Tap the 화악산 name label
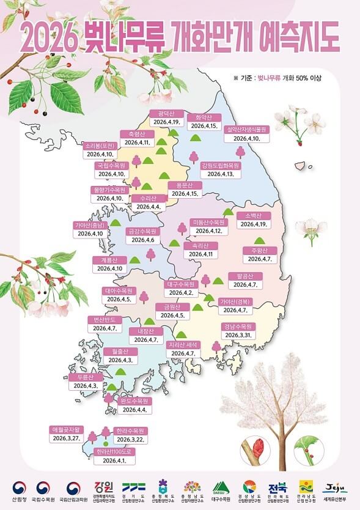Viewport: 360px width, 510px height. click(204, 117)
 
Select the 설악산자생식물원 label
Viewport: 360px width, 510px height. click(246, 130)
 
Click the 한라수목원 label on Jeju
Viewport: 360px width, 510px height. click(128, 431)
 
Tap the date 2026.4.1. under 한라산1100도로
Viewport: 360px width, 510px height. click(115, 460)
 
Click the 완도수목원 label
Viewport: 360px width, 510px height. click(135, 401)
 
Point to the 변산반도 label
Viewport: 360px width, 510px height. click(106, 320)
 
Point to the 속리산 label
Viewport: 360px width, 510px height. click(200, 245)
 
